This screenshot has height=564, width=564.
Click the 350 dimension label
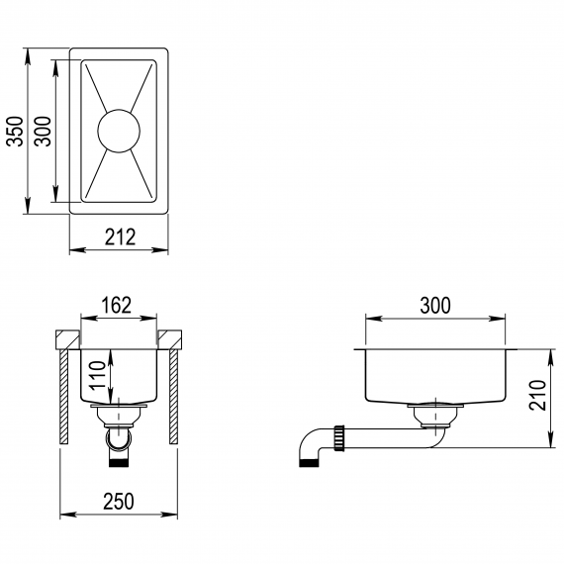click(x=16, y=132)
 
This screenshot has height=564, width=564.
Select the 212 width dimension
click(x=120, y=237)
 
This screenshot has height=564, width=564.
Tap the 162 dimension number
click(x=117, y=305)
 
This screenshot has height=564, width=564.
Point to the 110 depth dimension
click(x=98, y=376)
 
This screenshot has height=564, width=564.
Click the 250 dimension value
click(x=119, y=502)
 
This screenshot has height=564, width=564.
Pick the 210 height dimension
click(x=537, y=395)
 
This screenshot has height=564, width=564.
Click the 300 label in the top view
click(x=43, y=132)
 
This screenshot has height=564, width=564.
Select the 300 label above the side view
click(x=435, y=306)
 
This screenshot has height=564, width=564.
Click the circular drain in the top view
click(x=119, y=131)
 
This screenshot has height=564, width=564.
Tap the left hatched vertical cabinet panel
click(x=64, y=397)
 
